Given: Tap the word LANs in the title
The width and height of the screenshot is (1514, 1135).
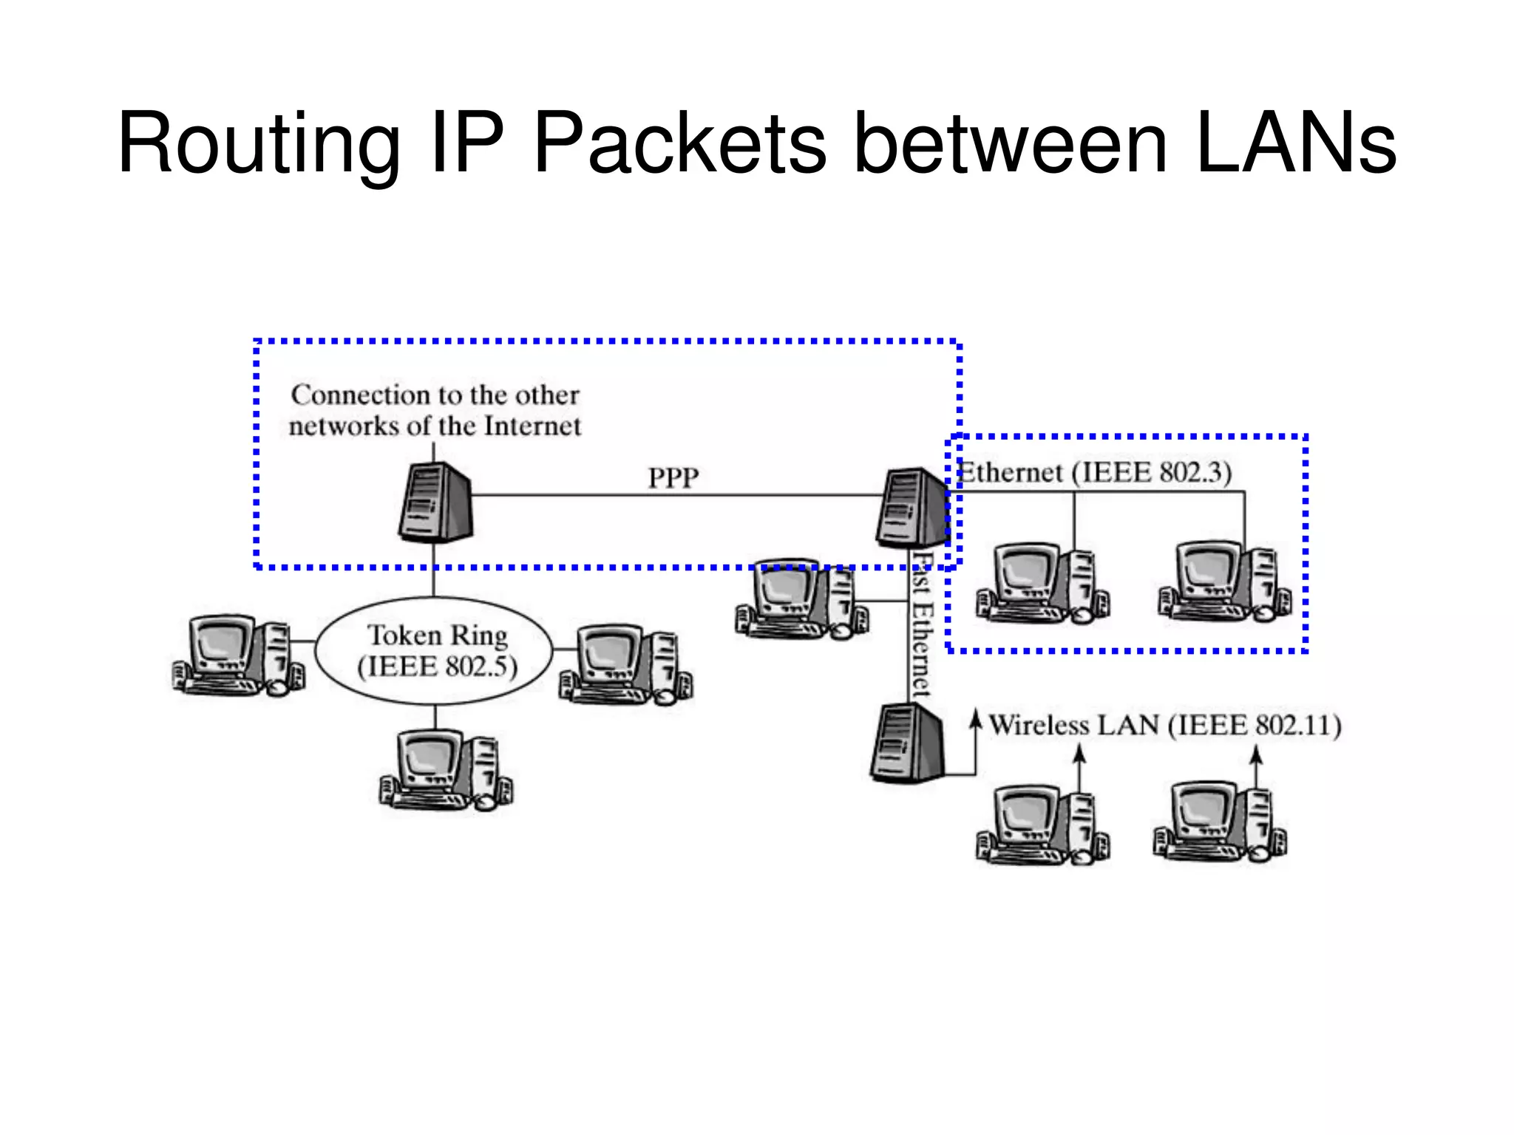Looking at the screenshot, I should [1295, 144].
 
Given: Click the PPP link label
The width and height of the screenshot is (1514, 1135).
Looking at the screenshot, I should [673, 478].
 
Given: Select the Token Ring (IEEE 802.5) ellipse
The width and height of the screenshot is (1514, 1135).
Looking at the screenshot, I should [435, 650].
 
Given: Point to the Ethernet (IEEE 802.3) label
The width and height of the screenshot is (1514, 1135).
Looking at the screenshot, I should [1094, 473].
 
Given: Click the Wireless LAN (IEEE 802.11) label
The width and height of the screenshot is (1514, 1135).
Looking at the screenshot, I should [1164, 726].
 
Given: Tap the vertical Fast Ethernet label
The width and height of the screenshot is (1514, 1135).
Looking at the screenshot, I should [921, 628].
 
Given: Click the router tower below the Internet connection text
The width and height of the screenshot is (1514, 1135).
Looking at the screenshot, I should [435, 502].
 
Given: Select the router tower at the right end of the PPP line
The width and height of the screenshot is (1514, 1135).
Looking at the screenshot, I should [913, 508].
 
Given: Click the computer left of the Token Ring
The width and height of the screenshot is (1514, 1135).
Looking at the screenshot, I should [238, 656].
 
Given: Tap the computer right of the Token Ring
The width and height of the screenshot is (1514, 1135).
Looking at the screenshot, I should [625, 666].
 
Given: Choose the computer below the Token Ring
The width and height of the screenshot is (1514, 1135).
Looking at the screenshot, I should [446, 770].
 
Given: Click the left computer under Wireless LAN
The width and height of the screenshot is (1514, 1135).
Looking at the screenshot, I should [1042, 824].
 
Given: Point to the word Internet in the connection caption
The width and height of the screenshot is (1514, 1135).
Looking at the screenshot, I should [532, 426].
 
